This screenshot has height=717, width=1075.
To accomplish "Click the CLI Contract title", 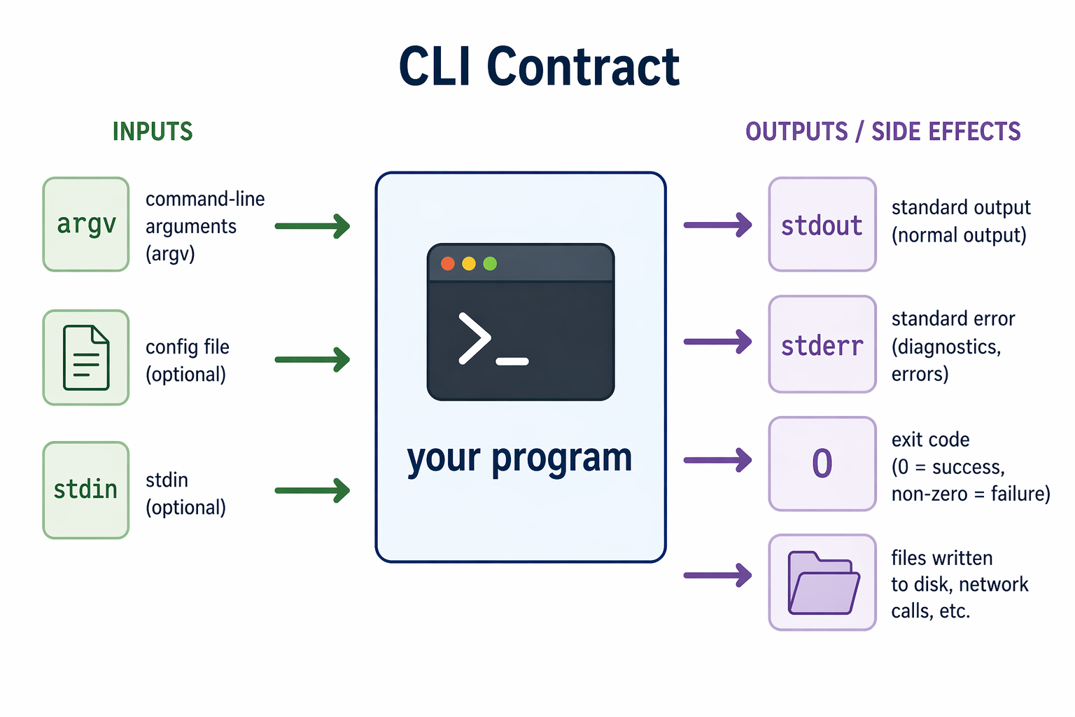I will pos(538,67).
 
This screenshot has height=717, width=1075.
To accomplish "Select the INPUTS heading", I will pos(153,132).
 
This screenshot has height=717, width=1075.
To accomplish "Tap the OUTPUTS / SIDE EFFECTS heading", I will pos(883,132).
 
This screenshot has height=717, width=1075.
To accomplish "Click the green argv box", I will pos(86,224).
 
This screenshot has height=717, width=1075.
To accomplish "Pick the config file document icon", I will pos(86,358).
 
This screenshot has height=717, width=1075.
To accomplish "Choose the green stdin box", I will pos(86,489).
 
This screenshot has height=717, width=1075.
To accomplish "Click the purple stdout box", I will pos(822,225).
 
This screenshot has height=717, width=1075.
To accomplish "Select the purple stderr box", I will pos(822,344).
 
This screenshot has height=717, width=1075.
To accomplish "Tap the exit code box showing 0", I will pos(822,464).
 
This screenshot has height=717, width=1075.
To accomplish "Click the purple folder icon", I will pos(823,583).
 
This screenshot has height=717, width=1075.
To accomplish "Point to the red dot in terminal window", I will pos(448,263).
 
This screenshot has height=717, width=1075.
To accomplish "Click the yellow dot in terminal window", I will pos(469,263).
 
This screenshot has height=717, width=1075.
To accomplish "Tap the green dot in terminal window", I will pos(490,263).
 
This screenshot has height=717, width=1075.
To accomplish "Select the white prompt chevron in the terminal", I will pos(475,339).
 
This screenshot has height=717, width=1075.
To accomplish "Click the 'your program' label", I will pos(519,459).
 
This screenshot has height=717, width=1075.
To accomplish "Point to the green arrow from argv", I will pos(312,225).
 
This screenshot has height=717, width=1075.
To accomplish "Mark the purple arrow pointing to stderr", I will pos(717,342).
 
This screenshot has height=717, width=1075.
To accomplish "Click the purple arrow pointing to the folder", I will pos(717,576).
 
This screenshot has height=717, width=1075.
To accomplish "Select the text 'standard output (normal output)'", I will pos(960,221).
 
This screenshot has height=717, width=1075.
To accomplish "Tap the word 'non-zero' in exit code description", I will pos(929,494).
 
